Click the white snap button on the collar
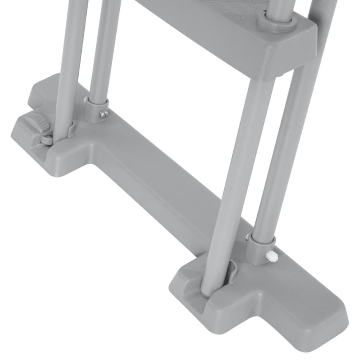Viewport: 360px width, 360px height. (271, 256)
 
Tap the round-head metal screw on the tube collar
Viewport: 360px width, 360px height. (103, 113)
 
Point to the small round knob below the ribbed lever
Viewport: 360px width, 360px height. (46, 140)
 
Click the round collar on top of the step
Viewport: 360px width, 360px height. (276, 22)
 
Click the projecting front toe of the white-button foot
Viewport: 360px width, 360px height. (319, 323)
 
